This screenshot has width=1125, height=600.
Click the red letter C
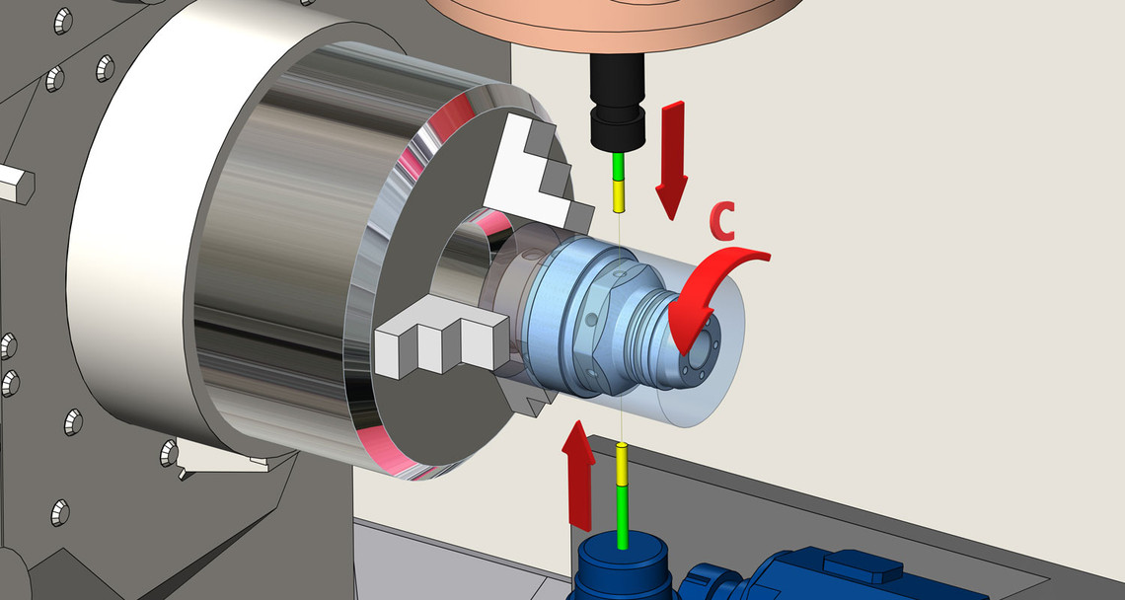pyautogui.click(x=721, y=222)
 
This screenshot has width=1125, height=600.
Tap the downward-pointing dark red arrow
pyautogui.click(x=672, y=159)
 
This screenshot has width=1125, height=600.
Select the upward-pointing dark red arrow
pyautogui.click(x=578, y=475)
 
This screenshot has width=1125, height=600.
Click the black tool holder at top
pyautogui.click(x=617, y=103)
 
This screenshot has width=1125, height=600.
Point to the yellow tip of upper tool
pyautogui.click(x=619, y=196)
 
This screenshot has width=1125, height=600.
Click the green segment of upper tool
pyautogui.click(x=618, y=167)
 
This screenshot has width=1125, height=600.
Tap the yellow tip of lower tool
pyautogui.click(x=622, y=465)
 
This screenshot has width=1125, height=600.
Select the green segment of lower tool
pyautogui.click(x=623, y=517)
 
